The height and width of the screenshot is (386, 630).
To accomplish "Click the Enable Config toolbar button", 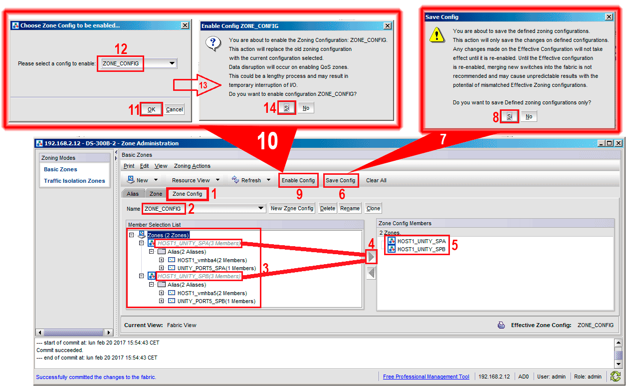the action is pos(298,180).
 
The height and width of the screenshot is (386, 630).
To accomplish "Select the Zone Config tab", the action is pos(188,194).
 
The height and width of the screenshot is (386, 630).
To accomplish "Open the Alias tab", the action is pos(133,194).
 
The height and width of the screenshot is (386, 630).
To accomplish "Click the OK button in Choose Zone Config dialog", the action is pos(151,109).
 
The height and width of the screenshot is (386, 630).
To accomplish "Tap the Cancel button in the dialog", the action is pos(175,109).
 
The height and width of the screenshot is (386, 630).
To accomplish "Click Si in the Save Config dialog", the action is pos(509,116).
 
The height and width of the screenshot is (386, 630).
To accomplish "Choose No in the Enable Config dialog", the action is pos(306,108).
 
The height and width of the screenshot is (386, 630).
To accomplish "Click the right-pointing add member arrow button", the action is pos(371,257).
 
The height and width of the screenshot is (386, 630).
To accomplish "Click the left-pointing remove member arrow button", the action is pos(371,273).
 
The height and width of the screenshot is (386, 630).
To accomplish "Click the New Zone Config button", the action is pos(292,208).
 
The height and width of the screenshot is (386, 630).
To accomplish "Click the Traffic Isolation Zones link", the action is pos(74,181).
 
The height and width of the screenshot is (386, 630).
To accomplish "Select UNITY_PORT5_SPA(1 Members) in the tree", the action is pos(216,268).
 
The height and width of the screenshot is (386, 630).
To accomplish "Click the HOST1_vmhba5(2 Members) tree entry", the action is pos(212,293).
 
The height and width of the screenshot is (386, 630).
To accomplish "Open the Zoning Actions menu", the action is pos(192,166).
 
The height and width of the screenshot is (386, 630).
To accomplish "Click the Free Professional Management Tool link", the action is pos(426,377).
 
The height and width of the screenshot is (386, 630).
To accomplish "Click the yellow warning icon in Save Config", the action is pos(437,35).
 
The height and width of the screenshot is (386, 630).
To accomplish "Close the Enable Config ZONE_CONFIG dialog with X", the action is pos(387,26).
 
